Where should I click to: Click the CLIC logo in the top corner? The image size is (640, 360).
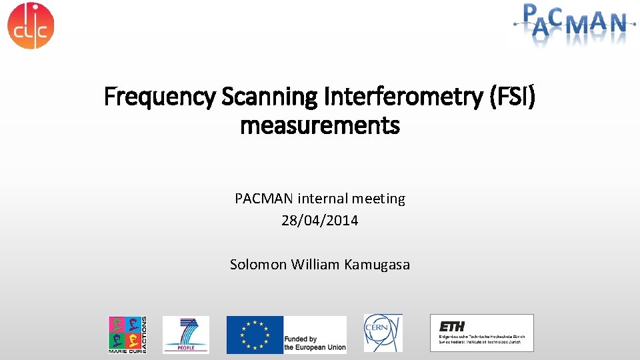(x=31, y=25)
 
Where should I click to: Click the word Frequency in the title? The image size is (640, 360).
(x=159, y=97)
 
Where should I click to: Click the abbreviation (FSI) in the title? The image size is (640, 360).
(x=512, y=97)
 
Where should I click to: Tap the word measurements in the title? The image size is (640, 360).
(x=319, y=125)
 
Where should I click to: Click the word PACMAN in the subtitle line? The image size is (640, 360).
(x=264, y=199)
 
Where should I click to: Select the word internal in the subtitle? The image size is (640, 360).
(x=323, y=199)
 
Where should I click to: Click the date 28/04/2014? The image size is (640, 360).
(x=319, y=221)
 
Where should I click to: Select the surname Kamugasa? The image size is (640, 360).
(x=377, y=265)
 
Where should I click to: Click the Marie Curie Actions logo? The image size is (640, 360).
(x=127, y=334)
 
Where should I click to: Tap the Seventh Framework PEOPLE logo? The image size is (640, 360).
(x=185, y=334)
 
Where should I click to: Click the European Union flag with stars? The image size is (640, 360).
(x=254, y=334)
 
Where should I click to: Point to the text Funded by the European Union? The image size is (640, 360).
(x=315, y=343)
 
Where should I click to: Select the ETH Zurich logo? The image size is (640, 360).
(x=481, y=332)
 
